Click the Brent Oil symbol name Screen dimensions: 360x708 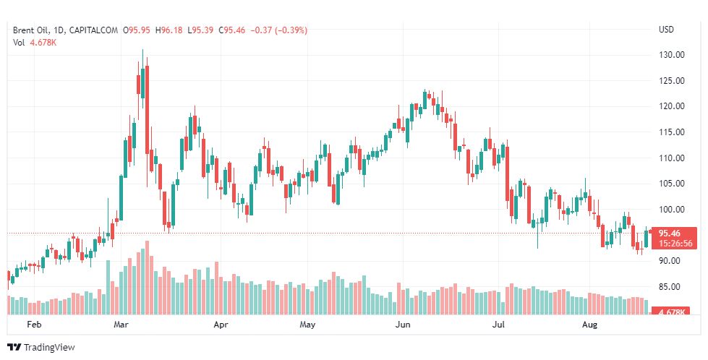click(32, 30)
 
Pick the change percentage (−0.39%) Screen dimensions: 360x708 click(289, 30)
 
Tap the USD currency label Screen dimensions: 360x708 click(666, 30)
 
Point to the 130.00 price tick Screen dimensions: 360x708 click(671, 55)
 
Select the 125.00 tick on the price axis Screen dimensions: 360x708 click(671, 81)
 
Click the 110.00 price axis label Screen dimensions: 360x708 click(671, 158)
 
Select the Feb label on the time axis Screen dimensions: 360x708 click(34, 325)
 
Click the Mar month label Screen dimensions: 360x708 click(121, 325)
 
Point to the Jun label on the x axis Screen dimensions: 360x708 click(404, 325)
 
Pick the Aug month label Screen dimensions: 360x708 click(590, 325)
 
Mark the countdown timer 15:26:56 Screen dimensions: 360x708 click(675, 244)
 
